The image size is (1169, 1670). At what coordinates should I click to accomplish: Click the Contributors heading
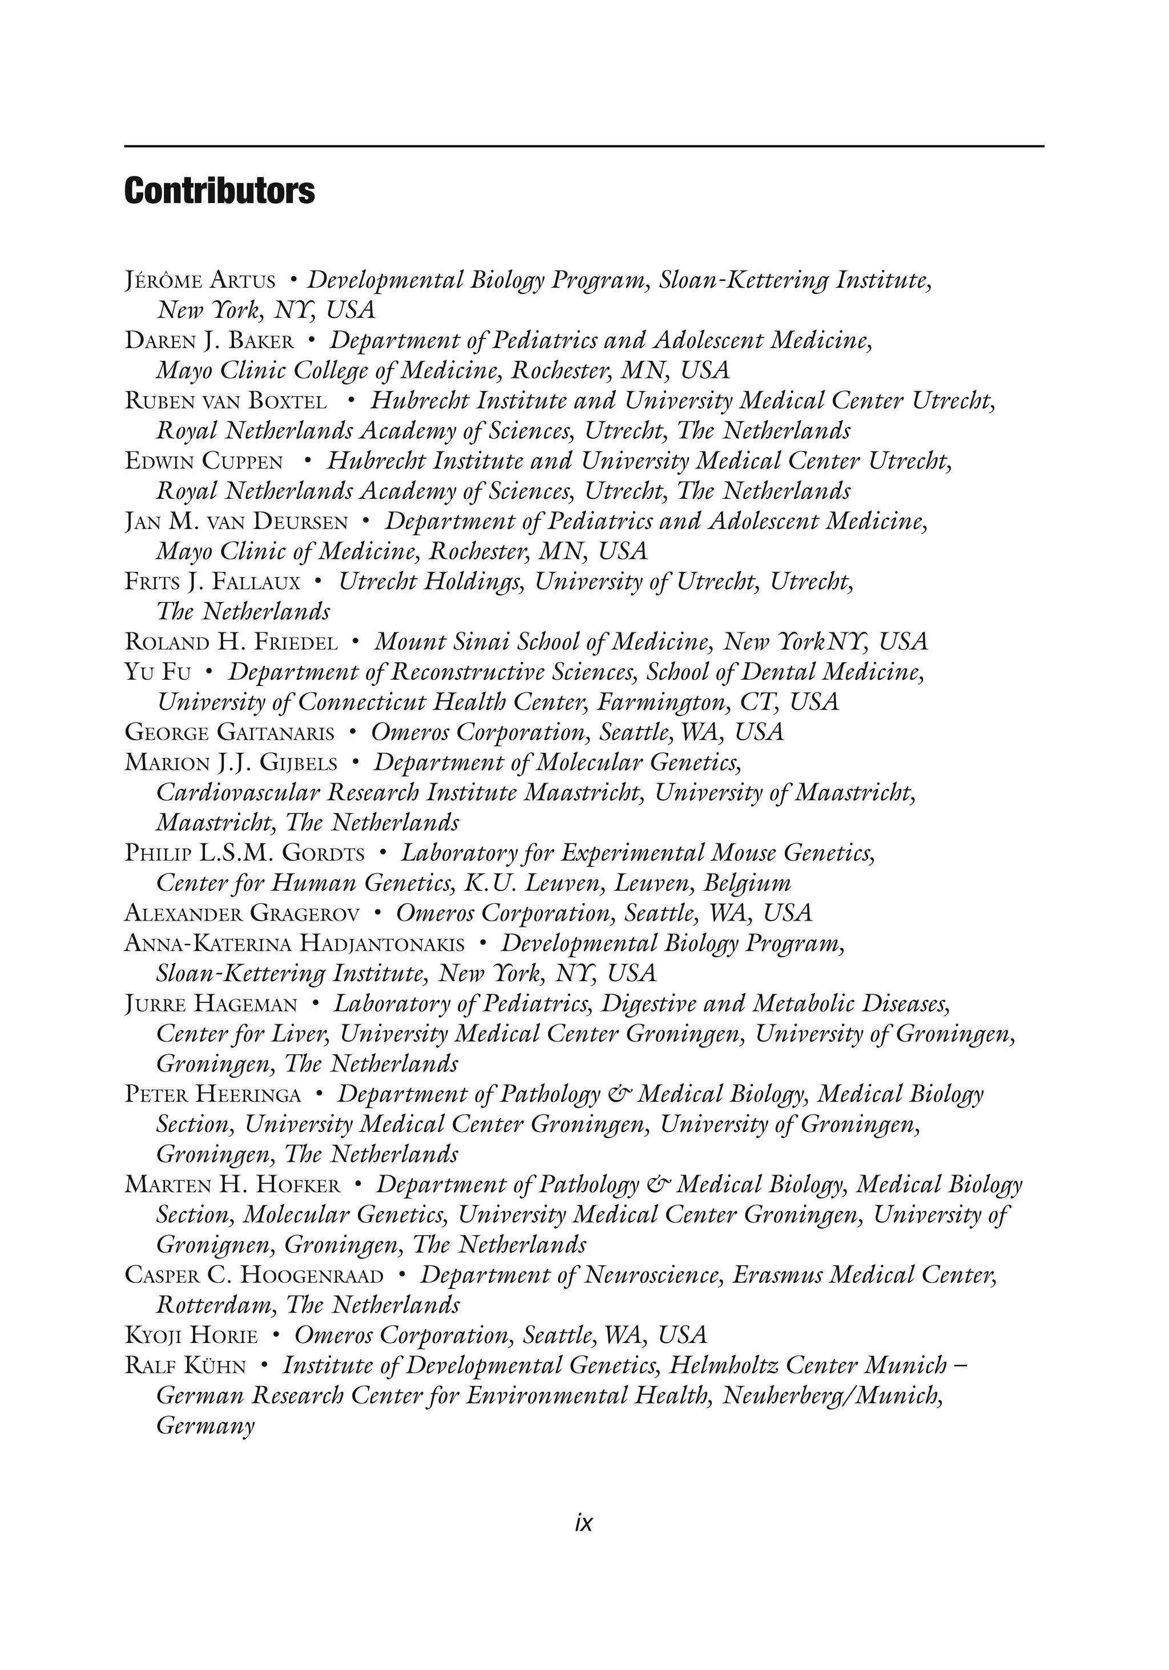(x=219, y=191)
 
